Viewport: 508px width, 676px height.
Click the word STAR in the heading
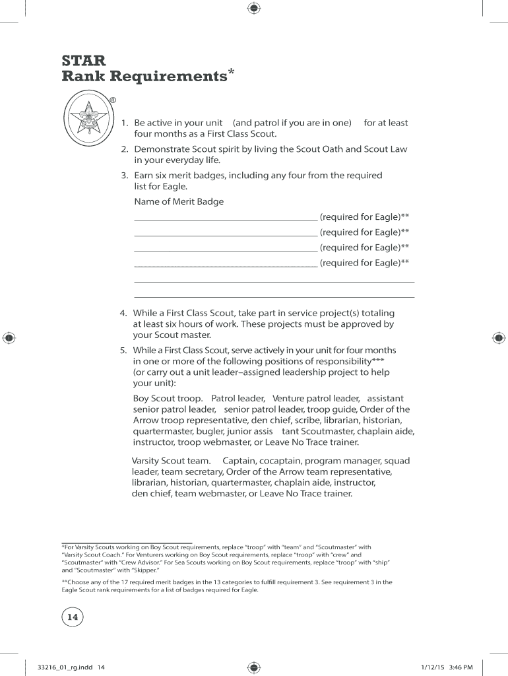coord(83,60)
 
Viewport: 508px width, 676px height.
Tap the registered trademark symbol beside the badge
coord(113,100)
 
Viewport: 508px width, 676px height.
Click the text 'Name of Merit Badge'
coord(179,201)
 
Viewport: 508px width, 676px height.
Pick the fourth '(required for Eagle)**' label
coord(364,263)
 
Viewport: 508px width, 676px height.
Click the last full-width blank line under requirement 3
coord(274,297)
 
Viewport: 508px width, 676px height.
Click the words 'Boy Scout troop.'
coord(168,399)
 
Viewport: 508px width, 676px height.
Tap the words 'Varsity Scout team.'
coord(171,460)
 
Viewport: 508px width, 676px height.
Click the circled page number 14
coord(73,617)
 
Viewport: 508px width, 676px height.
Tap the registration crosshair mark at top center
coord(254,9)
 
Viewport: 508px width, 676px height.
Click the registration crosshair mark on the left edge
coord(9,338)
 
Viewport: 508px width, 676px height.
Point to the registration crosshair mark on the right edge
coord(499,338)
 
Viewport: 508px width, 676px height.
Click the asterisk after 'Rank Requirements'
coord(231,71)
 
